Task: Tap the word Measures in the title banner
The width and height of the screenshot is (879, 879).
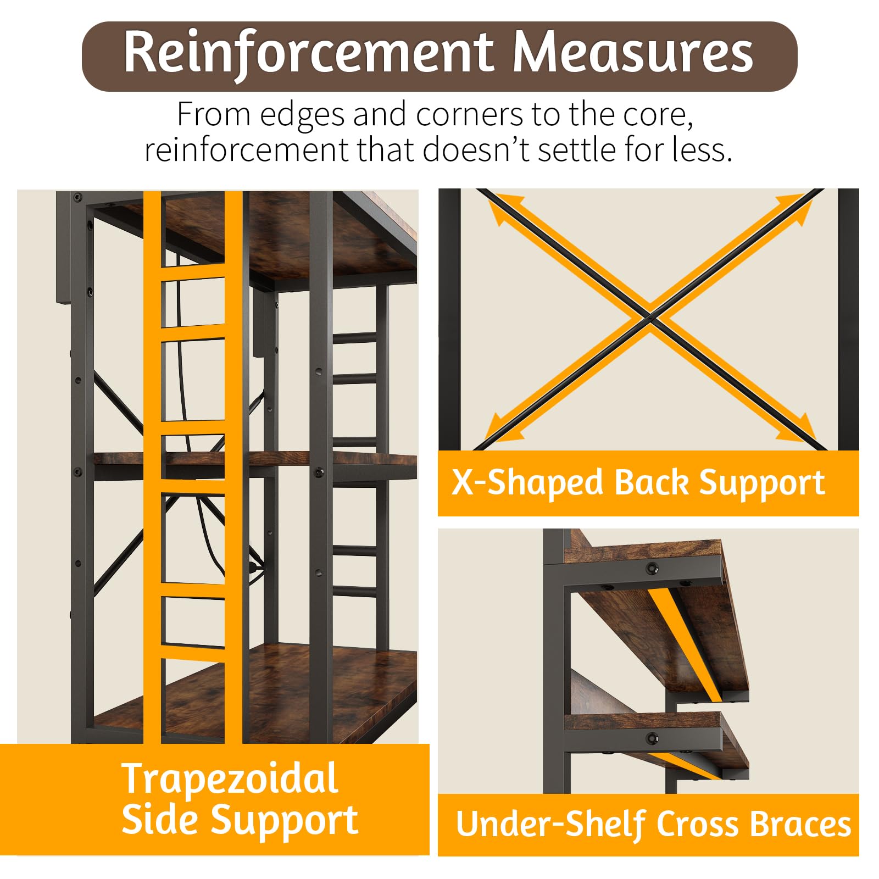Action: (x=633, y=52)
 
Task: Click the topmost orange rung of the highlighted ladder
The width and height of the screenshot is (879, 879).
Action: (x=193, y=273)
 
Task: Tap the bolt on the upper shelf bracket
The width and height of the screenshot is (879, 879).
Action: (x=652, y=568)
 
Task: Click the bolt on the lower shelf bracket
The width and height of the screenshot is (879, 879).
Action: (x=652, y=738)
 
